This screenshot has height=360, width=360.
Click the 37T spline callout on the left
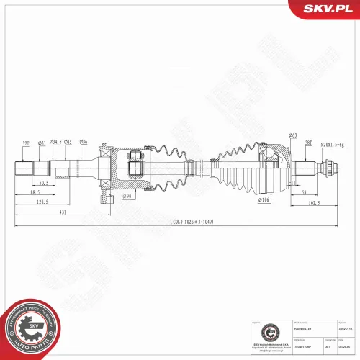pyautogui.click(x=26, y=143)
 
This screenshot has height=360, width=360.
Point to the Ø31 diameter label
pyautogui.click(x=41, y=143)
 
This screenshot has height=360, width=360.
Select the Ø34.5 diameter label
pyautogui.click(x=55, y=143)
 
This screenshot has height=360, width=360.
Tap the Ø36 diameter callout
pyautogui.click(x=84, y=143)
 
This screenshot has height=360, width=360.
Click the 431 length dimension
pyautogui.click(x=63, y=213)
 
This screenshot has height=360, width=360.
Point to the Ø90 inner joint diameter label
pyautogui.click(x=127, y=196)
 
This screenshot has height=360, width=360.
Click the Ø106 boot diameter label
pyautogui.click(x=264, y=200)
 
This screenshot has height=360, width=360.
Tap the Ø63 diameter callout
pyautogui.click(x=293, y=135)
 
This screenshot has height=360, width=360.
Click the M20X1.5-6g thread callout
pyautogui.click(x=332, y=143)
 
